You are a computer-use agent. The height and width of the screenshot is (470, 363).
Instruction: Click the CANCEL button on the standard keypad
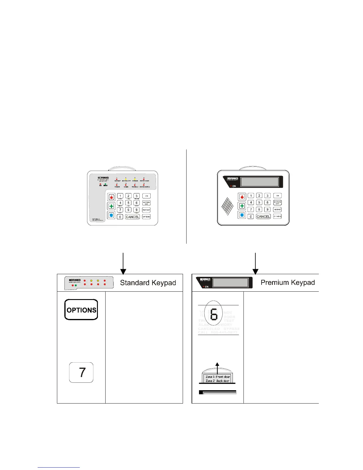[x=132, y=217]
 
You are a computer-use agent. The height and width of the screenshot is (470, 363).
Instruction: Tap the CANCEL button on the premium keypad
[x=263, y=217]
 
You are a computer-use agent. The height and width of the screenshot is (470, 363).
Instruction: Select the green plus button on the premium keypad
[x=242, y=206]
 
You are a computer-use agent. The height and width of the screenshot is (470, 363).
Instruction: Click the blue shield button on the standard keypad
[x=111, y=215]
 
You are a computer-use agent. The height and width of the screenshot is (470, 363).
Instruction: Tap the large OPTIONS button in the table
[x=81, y=310]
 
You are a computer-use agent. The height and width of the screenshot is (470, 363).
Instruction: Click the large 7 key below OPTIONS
[x=81, y=372]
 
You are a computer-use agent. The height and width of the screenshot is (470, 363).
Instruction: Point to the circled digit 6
[x=214, y=314]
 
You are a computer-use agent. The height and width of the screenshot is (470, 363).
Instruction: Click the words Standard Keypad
[x=148, y=283]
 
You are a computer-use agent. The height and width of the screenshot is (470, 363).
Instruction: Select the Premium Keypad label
[x=288, y=282]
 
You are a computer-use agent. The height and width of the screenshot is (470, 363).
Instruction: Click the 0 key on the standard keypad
[x=120, y=217]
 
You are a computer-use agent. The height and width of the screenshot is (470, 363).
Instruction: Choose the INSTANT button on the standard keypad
[x=146, y=210]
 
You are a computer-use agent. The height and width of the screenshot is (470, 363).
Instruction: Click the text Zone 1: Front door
[x=218, y=377]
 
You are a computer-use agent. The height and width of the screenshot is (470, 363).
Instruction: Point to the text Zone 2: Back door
[x=217, y=381]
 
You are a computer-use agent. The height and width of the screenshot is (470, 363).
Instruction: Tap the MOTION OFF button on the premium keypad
[x=278, y=203]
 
